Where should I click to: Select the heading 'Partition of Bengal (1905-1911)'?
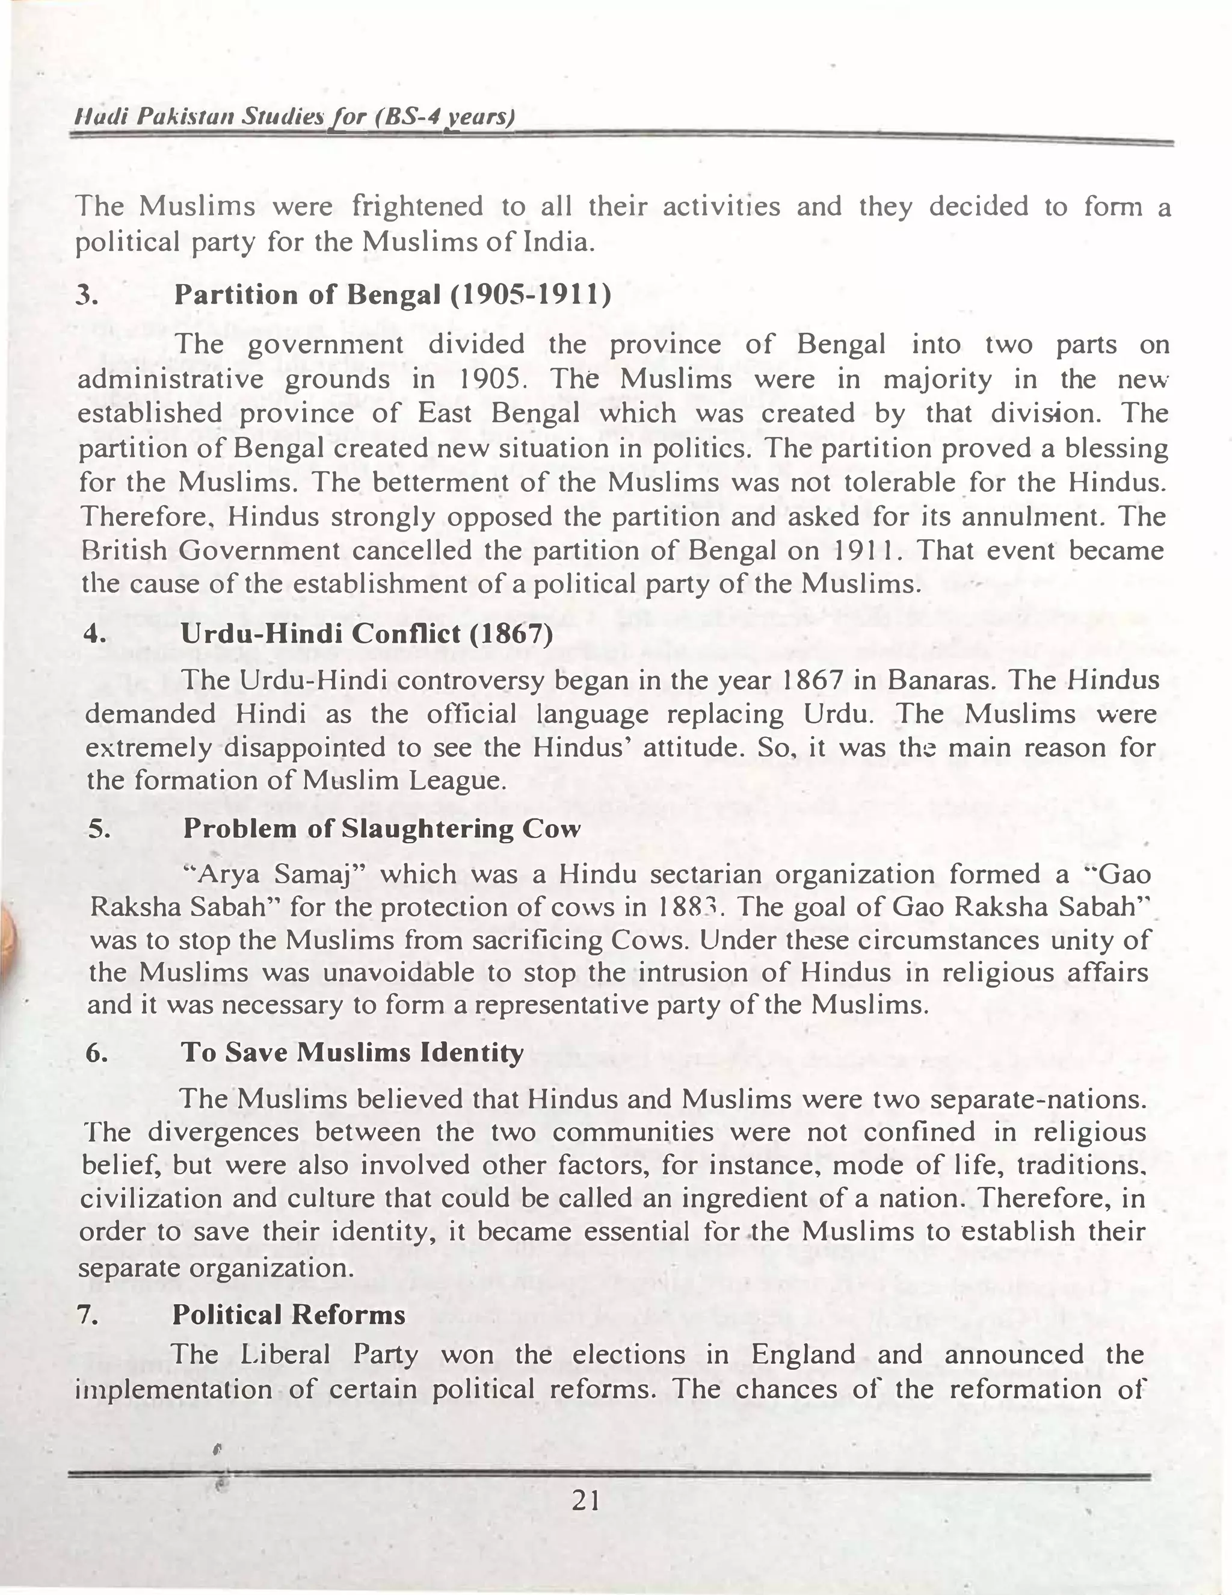(393, 294)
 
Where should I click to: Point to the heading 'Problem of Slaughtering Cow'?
(381, 828)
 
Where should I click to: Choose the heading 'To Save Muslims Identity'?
(352, 1052)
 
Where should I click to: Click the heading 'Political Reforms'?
(288, 1315)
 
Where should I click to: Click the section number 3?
(87, 295)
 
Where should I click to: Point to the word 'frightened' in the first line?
(417, 206)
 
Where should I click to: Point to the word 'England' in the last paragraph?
(803, 1355)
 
